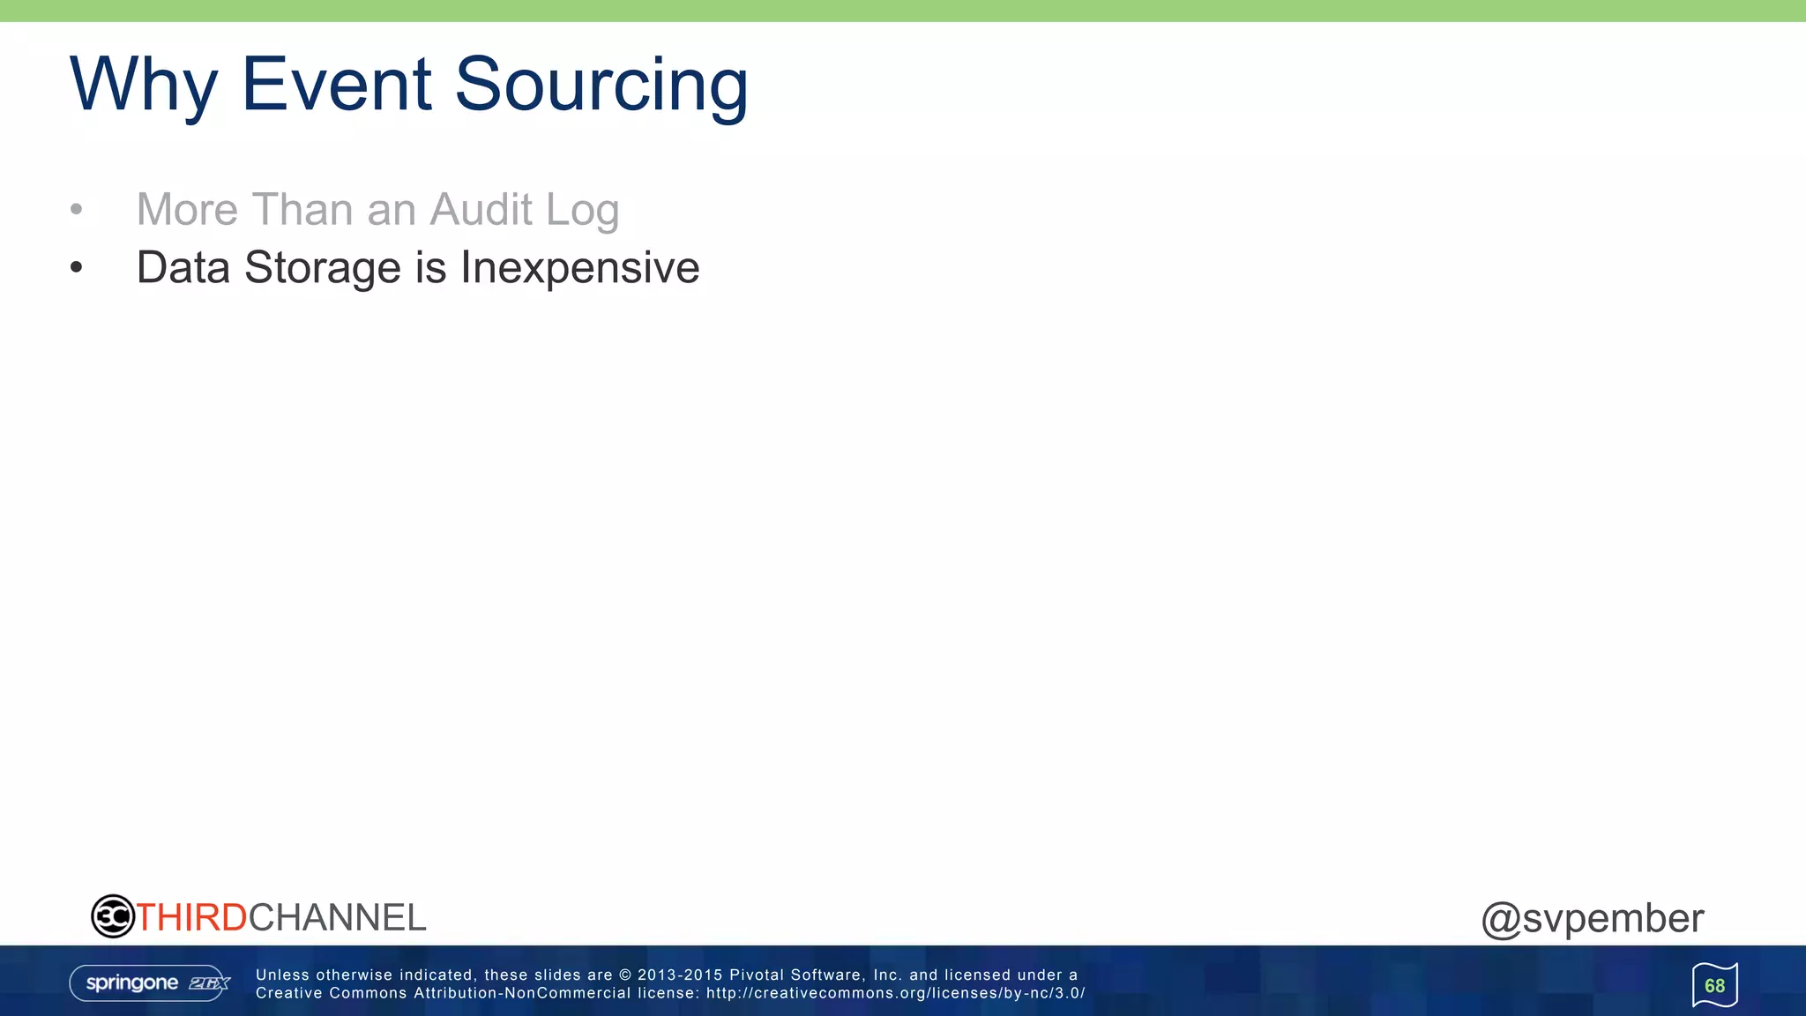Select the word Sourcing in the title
click(x=601, y=86)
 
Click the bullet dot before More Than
click(x=77, y=210)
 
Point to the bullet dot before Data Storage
click(x=77, y=267)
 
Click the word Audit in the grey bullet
click(x=481, y=210)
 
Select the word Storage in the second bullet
click(x=322, y=268)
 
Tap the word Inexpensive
click(x=579, y=268)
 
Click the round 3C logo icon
click(x=113, y=916)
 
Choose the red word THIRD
click(x=191, y=918)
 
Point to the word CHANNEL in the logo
click(x=337, y=918)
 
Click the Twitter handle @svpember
click(x=1592, y=919)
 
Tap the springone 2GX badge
click(x=149, y=983)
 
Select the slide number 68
click(x=1714, y=986)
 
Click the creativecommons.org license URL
click(x=895, y=993)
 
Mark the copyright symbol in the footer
click(x=625, y=975)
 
